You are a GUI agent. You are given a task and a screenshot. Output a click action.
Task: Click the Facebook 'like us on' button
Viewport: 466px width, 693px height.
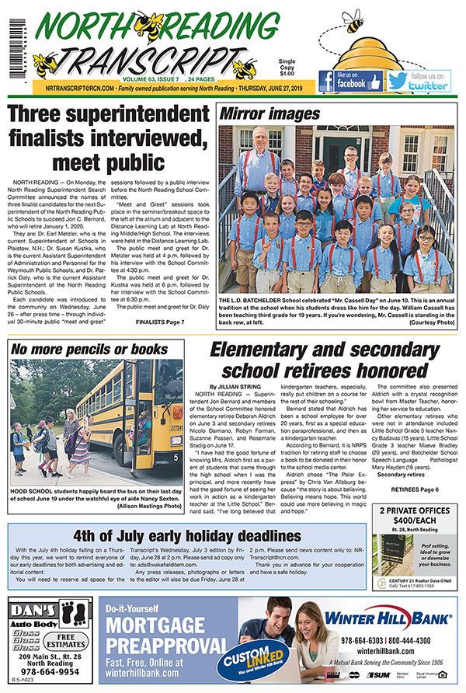click(349, 81)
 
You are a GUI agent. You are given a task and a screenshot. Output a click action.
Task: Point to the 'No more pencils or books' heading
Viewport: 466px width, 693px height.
click(89, 349)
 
